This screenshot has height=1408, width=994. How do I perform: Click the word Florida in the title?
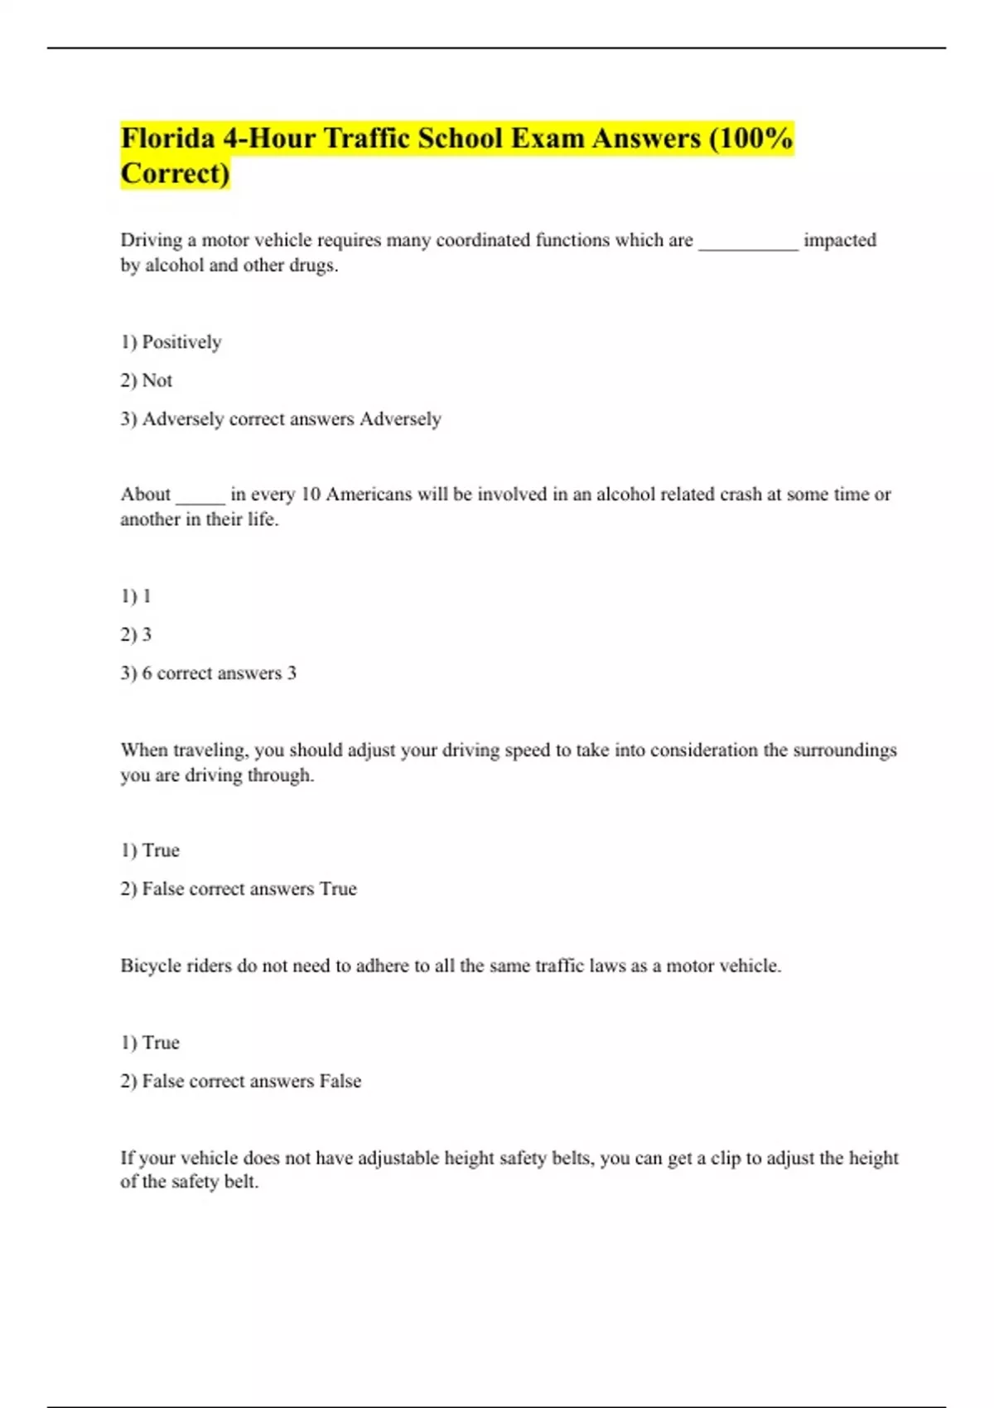(x=168, y=138)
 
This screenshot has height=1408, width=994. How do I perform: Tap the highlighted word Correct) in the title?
(x=175, y=174)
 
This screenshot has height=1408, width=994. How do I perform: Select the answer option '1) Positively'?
(x=171, y=342)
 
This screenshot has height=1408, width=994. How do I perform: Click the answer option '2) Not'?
(x=147, y=381)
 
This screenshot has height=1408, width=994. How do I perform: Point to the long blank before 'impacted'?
(x=748, y=242)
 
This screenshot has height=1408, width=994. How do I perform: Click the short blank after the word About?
(x=200, y=496)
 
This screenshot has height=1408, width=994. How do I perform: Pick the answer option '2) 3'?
(x=137, y=635)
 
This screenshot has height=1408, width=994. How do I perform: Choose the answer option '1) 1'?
(x=137, y=596)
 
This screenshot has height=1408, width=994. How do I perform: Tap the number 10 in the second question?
(x=311, y=494)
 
